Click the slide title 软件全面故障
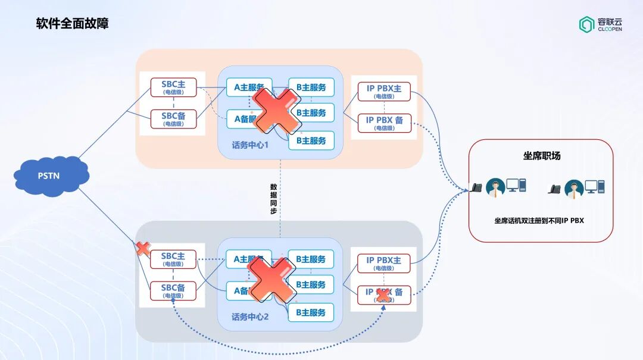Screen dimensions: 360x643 tap(72, 24)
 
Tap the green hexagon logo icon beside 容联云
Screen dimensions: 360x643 tap(586, 24)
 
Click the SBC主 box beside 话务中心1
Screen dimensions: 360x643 tap(173, 87)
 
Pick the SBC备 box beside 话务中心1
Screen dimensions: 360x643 tap(173, 119)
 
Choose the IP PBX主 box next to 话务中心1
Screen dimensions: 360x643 tap(383, 92)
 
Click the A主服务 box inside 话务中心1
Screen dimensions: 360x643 tap(249, 87)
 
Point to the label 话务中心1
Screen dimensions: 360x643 tap(250, 145)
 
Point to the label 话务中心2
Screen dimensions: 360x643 tap(250, 317)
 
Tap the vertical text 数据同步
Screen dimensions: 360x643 tap(273, 199)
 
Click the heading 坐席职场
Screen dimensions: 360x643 tap(541, 156)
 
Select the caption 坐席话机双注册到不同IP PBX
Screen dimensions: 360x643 tap(539, 220)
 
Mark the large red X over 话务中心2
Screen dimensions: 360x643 tap(271, 278)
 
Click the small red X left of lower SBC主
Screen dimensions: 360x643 tap(143, 249)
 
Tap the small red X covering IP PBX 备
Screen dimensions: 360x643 tap(383, 295)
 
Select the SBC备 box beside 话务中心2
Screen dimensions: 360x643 tap(173, 291)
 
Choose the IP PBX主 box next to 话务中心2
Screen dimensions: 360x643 tap(383, 263)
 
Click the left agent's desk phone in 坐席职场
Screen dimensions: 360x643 tap(477, 187)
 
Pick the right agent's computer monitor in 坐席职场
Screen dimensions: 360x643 tap(591, 186)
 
